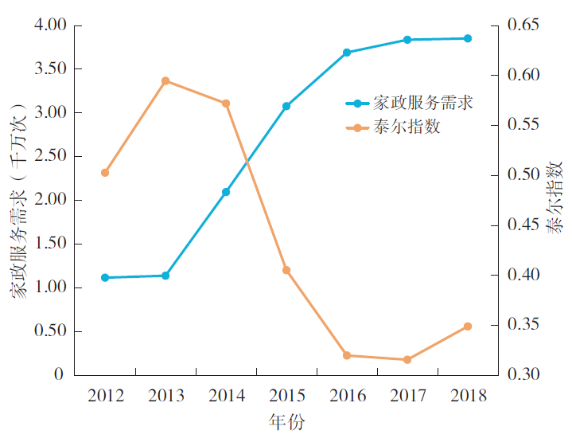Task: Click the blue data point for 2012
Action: [x=105, y=277]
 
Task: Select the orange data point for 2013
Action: [x=165, y=81]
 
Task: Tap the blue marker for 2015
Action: [x=286, y=106]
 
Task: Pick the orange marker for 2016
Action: [x=347, y=355]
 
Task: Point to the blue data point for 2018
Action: [x=468, y=38]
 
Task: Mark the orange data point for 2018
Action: [x=468, y=327]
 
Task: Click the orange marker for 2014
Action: [x=226, y=104]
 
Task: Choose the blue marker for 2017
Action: [x=407, y=40]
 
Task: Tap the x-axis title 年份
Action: [x=286, y=423]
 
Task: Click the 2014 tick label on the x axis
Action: [x=226, y=396]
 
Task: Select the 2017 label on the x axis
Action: [x=407, y=396]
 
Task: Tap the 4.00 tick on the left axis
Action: [x=50, y=25]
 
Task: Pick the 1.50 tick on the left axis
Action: [x=50, y=244]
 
